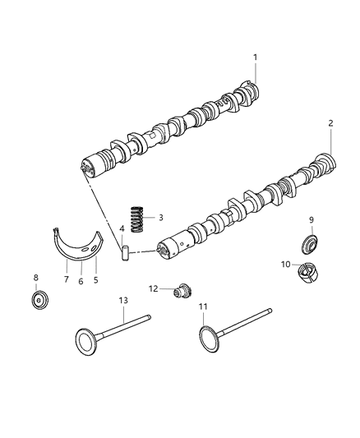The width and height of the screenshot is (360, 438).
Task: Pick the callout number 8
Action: tap(35, 277)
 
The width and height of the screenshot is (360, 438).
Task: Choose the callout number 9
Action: tap(312, 219)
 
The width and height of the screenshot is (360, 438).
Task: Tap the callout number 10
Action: tap(286, 264)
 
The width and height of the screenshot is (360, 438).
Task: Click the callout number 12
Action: tap(152, 288)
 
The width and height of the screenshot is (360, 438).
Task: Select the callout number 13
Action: tap(123, 302)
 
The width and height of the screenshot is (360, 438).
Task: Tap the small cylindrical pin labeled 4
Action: tap(127, 253)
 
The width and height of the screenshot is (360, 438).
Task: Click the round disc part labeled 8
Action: tap(36, 299)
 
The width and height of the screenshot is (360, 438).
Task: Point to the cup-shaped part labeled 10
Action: tap(308, 271)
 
